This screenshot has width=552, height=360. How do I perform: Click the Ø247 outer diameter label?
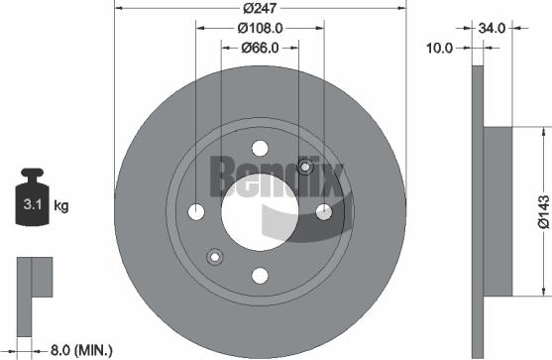[261, 9]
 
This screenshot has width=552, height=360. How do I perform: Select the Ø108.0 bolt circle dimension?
[260, 28]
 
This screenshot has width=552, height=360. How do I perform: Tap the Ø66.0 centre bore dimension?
[260, 47]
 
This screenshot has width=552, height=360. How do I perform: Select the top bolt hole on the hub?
[261, 149]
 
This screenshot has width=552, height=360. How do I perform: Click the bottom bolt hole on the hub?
[260, 275]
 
